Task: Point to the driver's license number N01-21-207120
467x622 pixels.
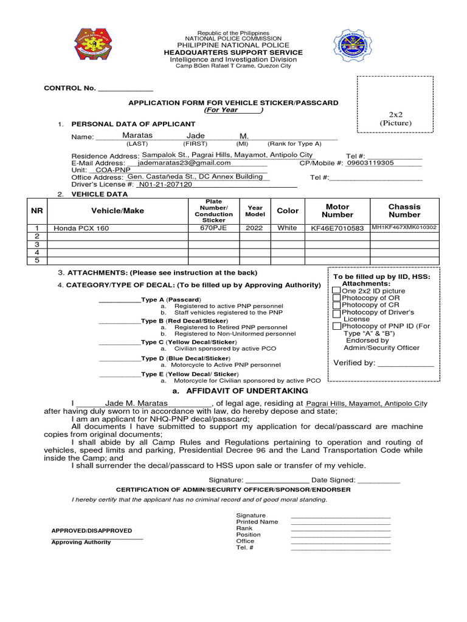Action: tap(165, 184)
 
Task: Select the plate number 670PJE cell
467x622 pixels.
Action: tap(213, 228)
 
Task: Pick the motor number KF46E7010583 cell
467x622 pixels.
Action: tap(337, 228)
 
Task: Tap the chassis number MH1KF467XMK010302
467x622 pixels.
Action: tap(404, 228)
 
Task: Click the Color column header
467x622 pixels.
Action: tap(288, 211)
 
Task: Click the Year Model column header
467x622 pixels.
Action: tap(255, 211)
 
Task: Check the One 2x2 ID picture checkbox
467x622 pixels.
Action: tap(336, 291)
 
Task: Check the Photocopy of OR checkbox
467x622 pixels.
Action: tap(336, 298)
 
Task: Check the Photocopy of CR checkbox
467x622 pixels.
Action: tap(336, 306)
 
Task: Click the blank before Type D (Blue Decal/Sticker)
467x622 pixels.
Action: tap(119, 359)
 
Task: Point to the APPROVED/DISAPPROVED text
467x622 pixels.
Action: tap(91, 530)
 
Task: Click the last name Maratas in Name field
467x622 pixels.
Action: tap(137, 135)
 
